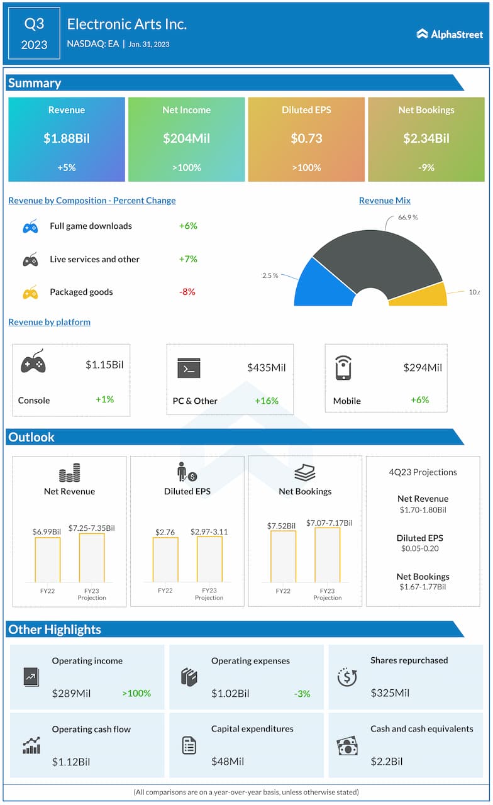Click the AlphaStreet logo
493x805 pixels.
[x=448, y=34]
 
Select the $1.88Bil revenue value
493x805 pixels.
[x=67, y=138]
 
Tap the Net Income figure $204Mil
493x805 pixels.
[x=186, y=138]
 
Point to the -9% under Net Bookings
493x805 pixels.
[x=426, y=167]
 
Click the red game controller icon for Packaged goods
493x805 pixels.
[x=30, y=292]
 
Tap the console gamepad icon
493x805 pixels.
[x=33, y=362]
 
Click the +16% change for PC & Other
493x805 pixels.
[x=267, y=401]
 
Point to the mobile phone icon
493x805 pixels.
[x=343, y=368]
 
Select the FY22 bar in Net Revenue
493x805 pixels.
[x=47, y=560]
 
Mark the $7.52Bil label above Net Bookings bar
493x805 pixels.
[x=283, y=526]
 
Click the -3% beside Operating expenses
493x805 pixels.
[x=302, y=694]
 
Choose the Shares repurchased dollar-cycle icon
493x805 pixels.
[x=347, y=677]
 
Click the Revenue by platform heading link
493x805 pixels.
[x=49, y=322]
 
